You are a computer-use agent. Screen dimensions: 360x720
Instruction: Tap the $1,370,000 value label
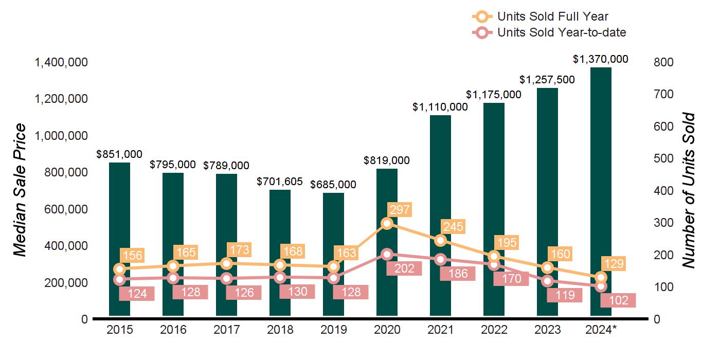pos(600,59)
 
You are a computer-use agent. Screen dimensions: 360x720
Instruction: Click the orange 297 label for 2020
pos(399,210)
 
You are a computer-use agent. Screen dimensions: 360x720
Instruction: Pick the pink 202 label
pos(404,268)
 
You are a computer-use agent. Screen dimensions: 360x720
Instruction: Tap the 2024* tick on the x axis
pos(601,330)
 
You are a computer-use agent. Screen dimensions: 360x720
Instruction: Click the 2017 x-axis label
pos(226,330)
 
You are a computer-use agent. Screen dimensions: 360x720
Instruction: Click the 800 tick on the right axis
pos(664,62)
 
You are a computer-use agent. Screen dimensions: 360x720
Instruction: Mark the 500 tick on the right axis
pos(664,159)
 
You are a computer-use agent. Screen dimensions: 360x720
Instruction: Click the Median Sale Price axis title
pos(20,190)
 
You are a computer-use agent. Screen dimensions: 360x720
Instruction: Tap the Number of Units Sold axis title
pos(689,190)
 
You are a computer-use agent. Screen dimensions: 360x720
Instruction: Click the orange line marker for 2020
pos(387,223)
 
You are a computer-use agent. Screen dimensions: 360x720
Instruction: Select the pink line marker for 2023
pos(547,281)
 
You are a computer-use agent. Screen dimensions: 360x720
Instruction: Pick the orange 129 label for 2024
pos(613,264)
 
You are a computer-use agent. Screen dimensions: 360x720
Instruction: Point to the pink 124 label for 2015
pos(137,294)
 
